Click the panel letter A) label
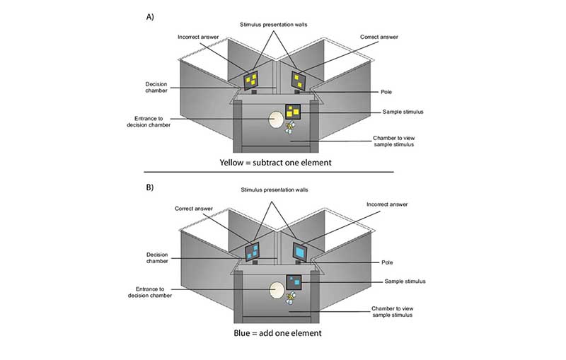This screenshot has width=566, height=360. [x=150, y=15]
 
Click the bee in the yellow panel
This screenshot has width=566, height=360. [x=290, y=127]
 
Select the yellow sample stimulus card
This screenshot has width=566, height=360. [x=294, y=112]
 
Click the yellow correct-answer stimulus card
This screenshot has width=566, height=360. [x=299, y=80]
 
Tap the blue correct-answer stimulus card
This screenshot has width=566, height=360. [x=252, y=252]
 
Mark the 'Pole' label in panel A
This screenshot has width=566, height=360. [x=386, y=92]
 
